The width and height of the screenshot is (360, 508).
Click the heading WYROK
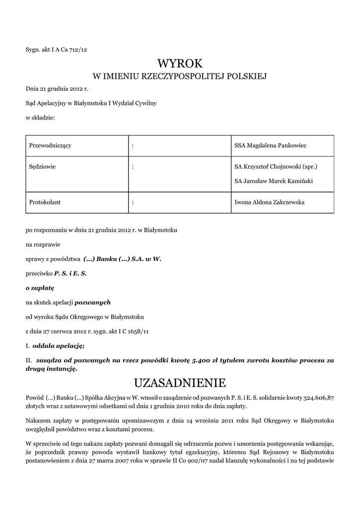[180, 63]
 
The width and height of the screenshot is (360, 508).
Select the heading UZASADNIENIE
[180, 382]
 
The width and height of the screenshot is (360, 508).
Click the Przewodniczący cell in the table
[51, 145]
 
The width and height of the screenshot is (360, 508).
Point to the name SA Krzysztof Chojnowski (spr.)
[276, 167]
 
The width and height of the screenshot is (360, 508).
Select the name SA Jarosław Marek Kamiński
[273, 181]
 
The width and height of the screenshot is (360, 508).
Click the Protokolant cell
[45, 202]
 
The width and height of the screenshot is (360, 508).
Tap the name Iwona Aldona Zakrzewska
[270, 202]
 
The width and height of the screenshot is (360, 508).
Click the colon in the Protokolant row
[133, 202]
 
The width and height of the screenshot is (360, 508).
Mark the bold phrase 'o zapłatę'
[40, 288]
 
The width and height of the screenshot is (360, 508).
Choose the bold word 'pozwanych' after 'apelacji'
[93, 302]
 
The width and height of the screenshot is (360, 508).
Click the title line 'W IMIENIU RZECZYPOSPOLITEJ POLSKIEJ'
[180, 77]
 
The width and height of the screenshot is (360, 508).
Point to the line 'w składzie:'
[40, 118]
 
